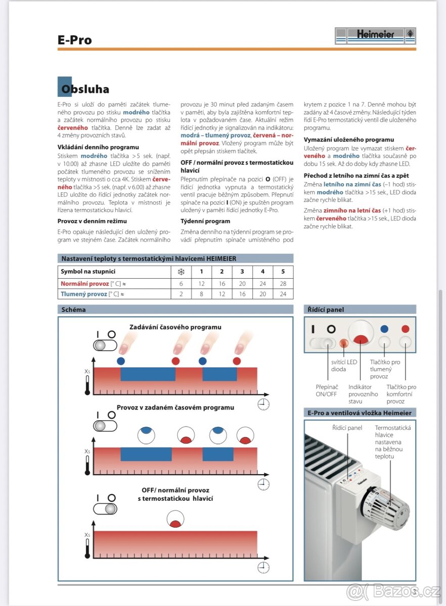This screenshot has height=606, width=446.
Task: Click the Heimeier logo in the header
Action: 375,35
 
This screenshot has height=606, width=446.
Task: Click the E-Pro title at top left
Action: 75,40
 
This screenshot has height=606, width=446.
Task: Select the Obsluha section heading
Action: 85,89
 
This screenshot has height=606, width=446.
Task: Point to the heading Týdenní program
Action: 205,221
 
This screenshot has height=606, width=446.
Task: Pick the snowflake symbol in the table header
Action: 181,272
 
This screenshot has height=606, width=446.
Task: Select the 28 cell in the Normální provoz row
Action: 283,283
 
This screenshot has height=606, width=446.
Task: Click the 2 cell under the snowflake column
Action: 181,294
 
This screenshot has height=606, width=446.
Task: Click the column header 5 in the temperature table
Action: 283,272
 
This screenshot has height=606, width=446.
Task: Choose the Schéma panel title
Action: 73,310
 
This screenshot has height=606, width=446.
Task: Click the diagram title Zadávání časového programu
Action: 175,327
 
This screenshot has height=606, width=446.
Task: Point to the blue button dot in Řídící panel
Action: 384,329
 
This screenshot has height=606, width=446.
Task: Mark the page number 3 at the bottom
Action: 414,591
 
